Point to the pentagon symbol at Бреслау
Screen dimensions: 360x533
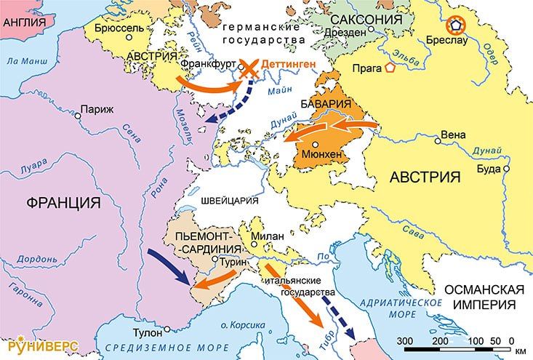coord(455,26)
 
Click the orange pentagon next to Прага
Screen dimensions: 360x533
coord(390,68)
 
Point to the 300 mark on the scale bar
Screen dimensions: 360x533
coord(405,340)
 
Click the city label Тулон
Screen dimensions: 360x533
coord(148,332)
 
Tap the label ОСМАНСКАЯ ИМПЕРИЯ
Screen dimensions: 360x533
coord(484,295)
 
